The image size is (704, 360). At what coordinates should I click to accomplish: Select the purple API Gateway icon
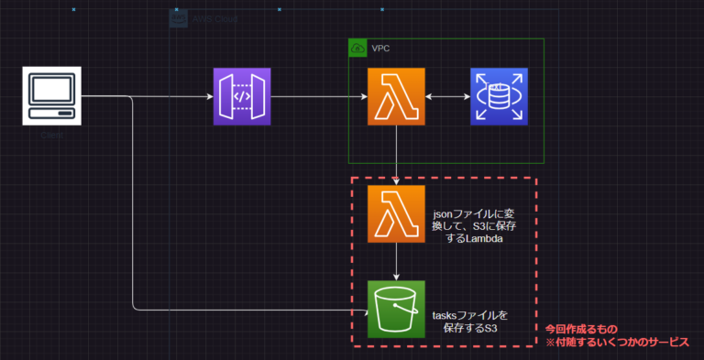(x=243, y=96)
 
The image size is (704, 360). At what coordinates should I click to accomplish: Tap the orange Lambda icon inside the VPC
(x=396, y=96)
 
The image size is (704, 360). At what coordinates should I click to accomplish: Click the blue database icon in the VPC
(x=498, y=96)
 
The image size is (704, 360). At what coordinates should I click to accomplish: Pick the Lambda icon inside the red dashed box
(x=396, y=214)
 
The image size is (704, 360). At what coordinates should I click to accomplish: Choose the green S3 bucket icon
(x=396, y=310)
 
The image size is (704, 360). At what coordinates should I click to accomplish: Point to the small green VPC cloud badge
(x=357, y=48)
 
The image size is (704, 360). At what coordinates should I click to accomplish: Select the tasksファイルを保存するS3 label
(x=468, y=321)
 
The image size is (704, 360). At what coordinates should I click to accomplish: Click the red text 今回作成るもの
(x=581, y=328)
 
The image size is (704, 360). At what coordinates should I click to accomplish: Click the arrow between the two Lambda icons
(x=396, y=156)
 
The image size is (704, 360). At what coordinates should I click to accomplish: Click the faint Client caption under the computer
(x=50, y=136)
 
